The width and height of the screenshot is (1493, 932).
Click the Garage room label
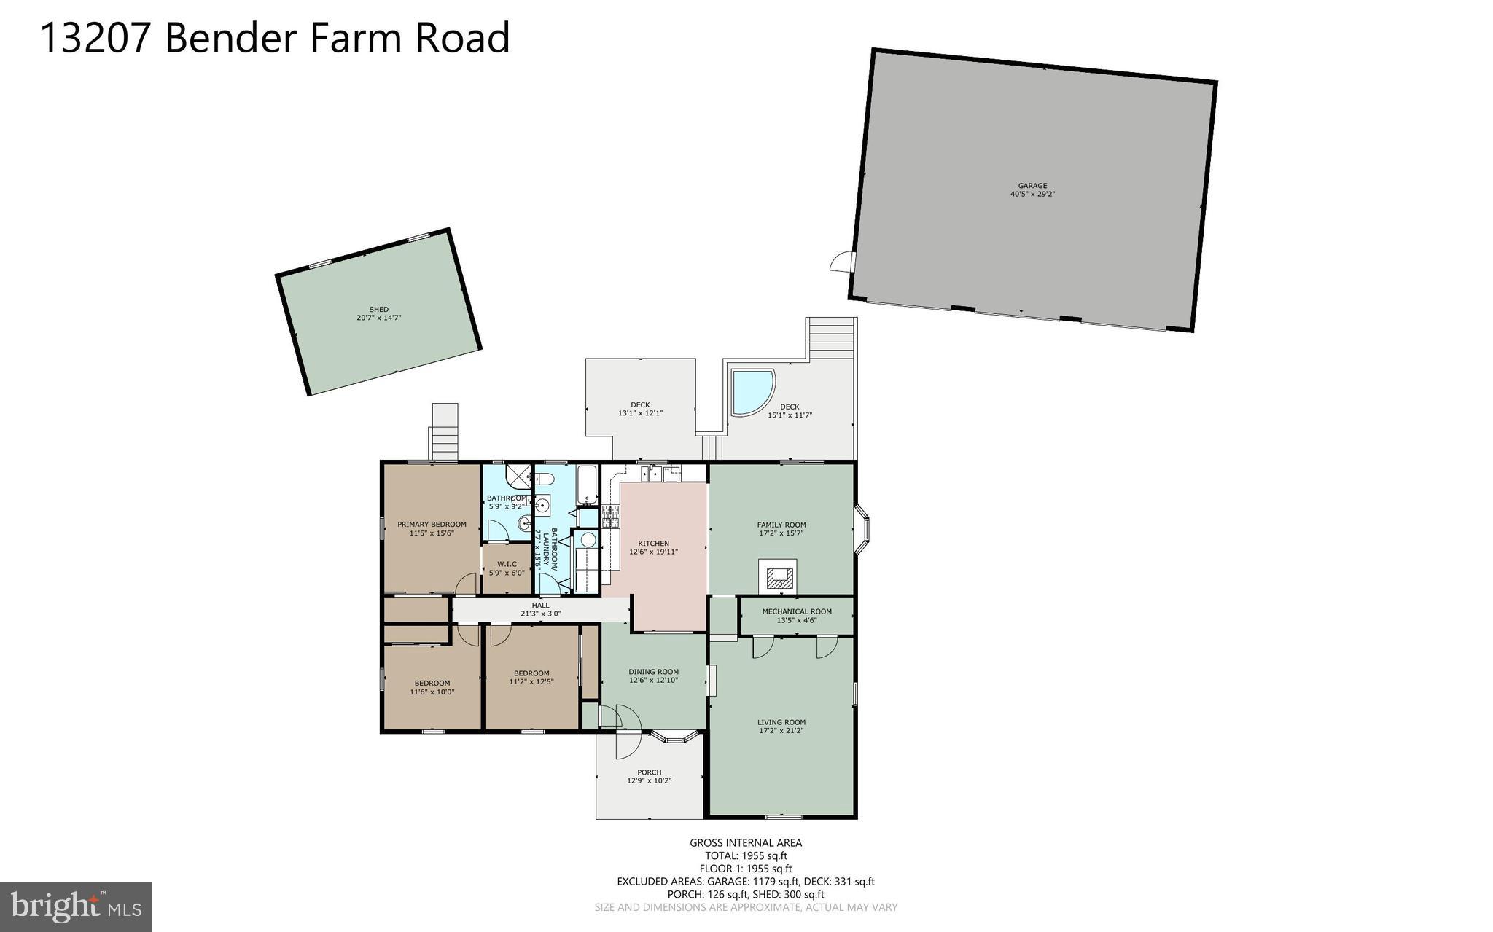point(1032,186)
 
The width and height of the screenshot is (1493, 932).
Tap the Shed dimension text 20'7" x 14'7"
point(378,318)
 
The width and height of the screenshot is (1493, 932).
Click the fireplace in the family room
point(778,577)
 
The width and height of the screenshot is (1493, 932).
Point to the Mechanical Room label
point(796,611)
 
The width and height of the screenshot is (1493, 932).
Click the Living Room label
point(781,722)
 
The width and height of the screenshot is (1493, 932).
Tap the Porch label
point(649,772)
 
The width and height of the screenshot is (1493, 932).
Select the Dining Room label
point(653,672)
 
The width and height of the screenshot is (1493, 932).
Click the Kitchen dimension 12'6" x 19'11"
point(653,552)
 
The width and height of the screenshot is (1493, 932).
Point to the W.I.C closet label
point(507,564)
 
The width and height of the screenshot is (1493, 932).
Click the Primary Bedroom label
point(432,524)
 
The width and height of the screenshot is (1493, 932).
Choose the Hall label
point(540,605)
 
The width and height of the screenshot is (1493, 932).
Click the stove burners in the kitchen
point(611,516)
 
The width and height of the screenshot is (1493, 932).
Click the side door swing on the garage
point(841,262)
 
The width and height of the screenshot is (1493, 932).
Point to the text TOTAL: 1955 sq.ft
point(745,855)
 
